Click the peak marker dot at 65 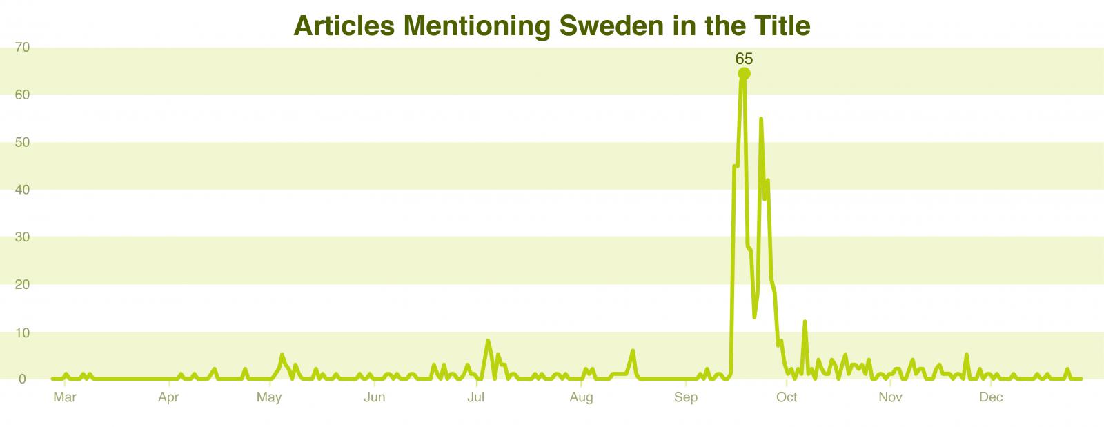744,74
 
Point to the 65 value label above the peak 744,59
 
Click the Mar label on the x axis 64,397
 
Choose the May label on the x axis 268,397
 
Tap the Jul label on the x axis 475,397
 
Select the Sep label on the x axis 686,397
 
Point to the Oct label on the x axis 787,397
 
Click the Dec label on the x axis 991,397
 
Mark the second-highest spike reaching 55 760,119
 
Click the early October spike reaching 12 805,322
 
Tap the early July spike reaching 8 488,341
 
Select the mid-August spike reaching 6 632,350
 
